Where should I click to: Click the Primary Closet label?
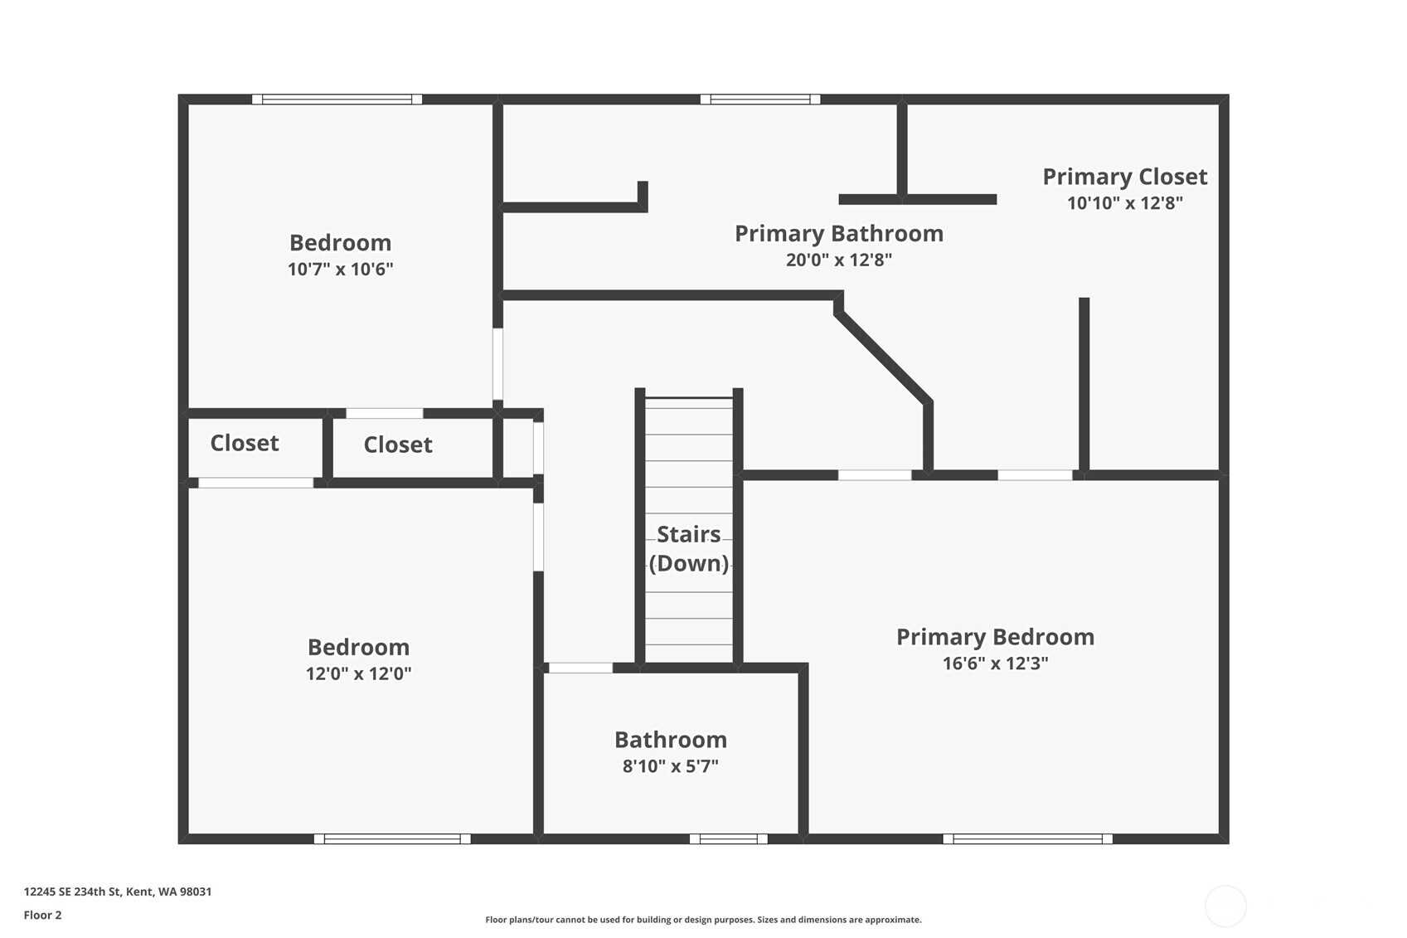click(1124, 177)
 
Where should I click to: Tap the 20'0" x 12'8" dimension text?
click(838, 260)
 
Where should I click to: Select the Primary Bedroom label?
click(995, 637)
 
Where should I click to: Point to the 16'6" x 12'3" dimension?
click(995, 663)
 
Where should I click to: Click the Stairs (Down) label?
click(688, 548)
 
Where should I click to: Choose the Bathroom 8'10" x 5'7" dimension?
click(670, 766)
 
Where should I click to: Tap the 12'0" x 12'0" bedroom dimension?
click(358, 673)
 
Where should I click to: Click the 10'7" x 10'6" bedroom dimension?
click(341, 269)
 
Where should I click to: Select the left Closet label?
click(245, 443)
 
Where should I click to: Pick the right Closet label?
click(398, 445)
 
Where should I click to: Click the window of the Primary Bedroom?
click(1027, 838)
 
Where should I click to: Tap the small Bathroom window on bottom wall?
click(729, 838)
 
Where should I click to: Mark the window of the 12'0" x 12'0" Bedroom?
click(392, 838)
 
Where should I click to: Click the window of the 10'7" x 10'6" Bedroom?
click(337, 100)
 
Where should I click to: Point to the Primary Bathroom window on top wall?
click(760, 100)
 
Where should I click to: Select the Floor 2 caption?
click(43, 915)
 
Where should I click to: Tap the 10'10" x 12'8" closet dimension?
click(1124, 203)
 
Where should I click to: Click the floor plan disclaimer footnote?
click(703, 920)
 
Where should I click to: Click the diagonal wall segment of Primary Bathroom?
click(882, 357)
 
